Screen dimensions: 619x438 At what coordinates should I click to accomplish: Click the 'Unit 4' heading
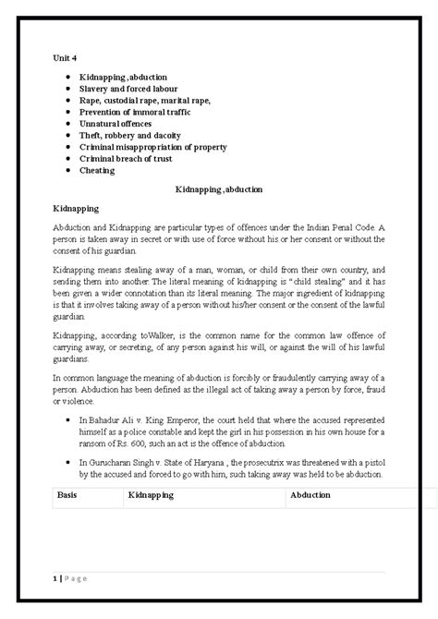[62, 56]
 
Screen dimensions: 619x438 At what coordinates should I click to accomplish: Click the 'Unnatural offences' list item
[116, 124]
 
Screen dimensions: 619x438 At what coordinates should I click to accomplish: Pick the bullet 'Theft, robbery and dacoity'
[131, 135]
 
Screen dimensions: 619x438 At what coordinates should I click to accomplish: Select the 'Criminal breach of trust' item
[128, 159]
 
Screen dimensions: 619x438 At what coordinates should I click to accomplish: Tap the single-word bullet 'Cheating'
[97, 170]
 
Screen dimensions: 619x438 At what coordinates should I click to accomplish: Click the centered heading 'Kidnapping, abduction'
[219, 188]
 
